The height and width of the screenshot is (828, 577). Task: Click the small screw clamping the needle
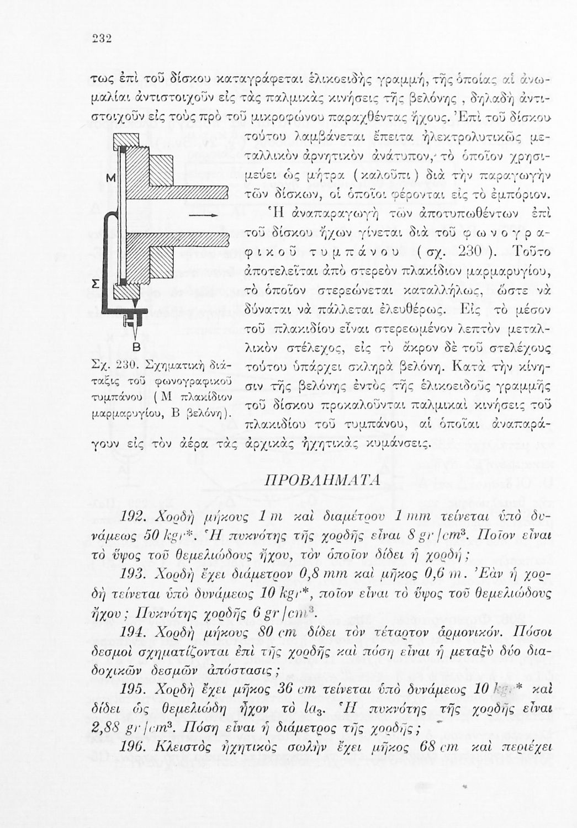[131, 321]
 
